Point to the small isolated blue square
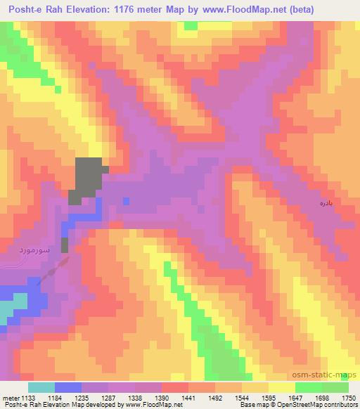point(126,201)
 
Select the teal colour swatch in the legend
point(41,387)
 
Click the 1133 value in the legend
point(29,397)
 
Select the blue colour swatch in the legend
point(68,387)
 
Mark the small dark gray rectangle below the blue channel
point(65,245)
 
